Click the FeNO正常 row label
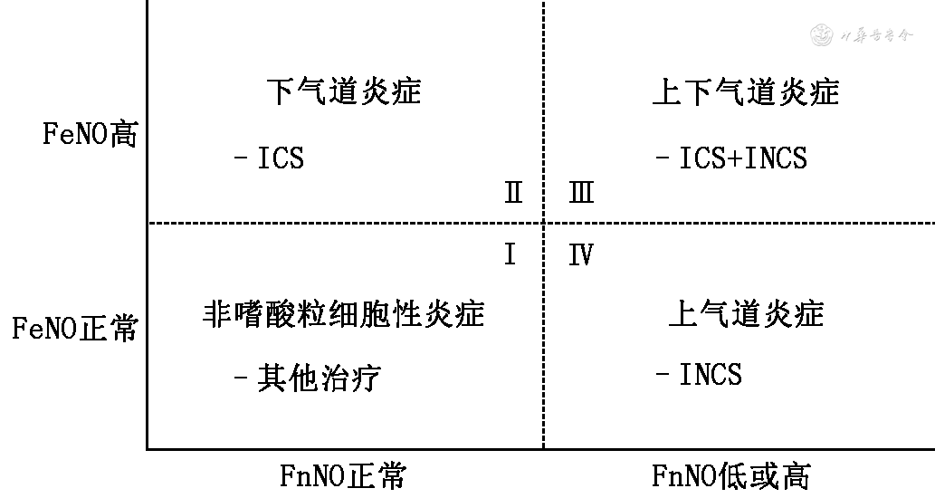(x=75, y=327)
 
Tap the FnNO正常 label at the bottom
(x=343, y=475)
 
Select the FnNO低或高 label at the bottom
(x=731, y=475)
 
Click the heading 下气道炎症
(x=345, y=91)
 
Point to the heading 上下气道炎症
(x=745, y=91)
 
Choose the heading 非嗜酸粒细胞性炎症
(x=343, y=313)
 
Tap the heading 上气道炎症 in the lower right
(x=746, y=313)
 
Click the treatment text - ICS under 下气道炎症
(x=270, y=158)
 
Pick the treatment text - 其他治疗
(x=307, y=377)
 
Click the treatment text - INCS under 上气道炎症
(x=699, y=374)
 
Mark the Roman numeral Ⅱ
(x=513, y=193)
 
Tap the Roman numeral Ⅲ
(x=581, y=193)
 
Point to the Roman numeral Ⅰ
(x=510, y=255)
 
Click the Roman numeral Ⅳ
(x=580, y=255)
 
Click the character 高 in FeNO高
(x=124, y=135)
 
